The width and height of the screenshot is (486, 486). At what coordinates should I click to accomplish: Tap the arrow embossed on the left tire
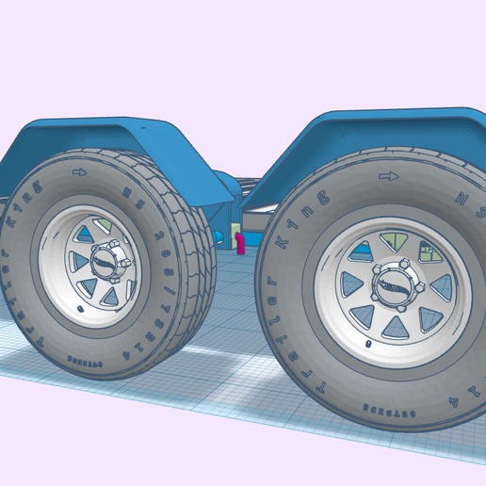(78, 172)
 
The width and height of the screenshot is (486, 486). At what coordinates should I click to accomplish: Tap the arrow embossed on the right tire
(384, 176)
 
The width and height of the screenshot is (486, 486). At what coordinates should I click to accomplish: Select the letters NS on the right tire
(463, 199)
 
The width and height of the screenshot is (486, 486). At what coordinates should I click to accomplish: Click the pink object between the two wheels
(239, 244)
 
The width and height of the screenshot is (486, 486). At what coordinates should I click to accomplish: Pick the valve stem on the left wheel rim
(80, 306)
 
